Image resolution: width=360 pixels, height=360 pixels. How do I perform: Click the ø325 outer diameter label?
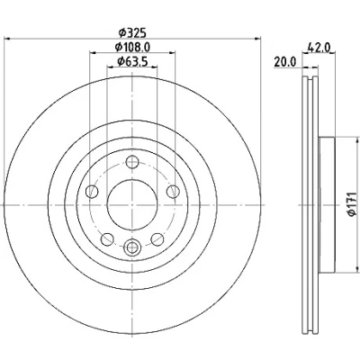(x=132, y=32)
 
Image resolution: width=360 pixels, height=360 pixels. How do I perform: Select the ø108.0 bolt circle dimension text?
(x=132, y=47)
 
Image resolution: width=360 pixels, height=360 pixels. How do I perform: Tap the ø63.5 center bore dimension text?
(x=132, y=61)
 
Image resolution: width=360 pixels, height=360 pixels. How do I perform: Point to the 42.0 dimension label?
(x=319, y=48)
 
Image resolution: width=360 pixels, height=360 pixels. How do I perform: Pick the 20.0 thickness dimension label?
(x=284, y=62)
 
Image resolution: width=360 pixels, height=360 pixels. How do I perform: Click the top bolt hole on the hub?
(x=132, y=162)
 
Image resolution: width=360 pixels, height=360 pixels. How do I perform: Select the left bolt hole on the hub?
(x=92, y=192)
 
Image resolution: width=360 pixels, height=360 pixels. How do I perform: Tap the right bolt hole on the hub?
(x=173, y=192)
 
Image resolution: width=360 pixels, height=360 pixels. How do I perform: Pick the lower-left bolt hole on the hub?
(x=107, y=239)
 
